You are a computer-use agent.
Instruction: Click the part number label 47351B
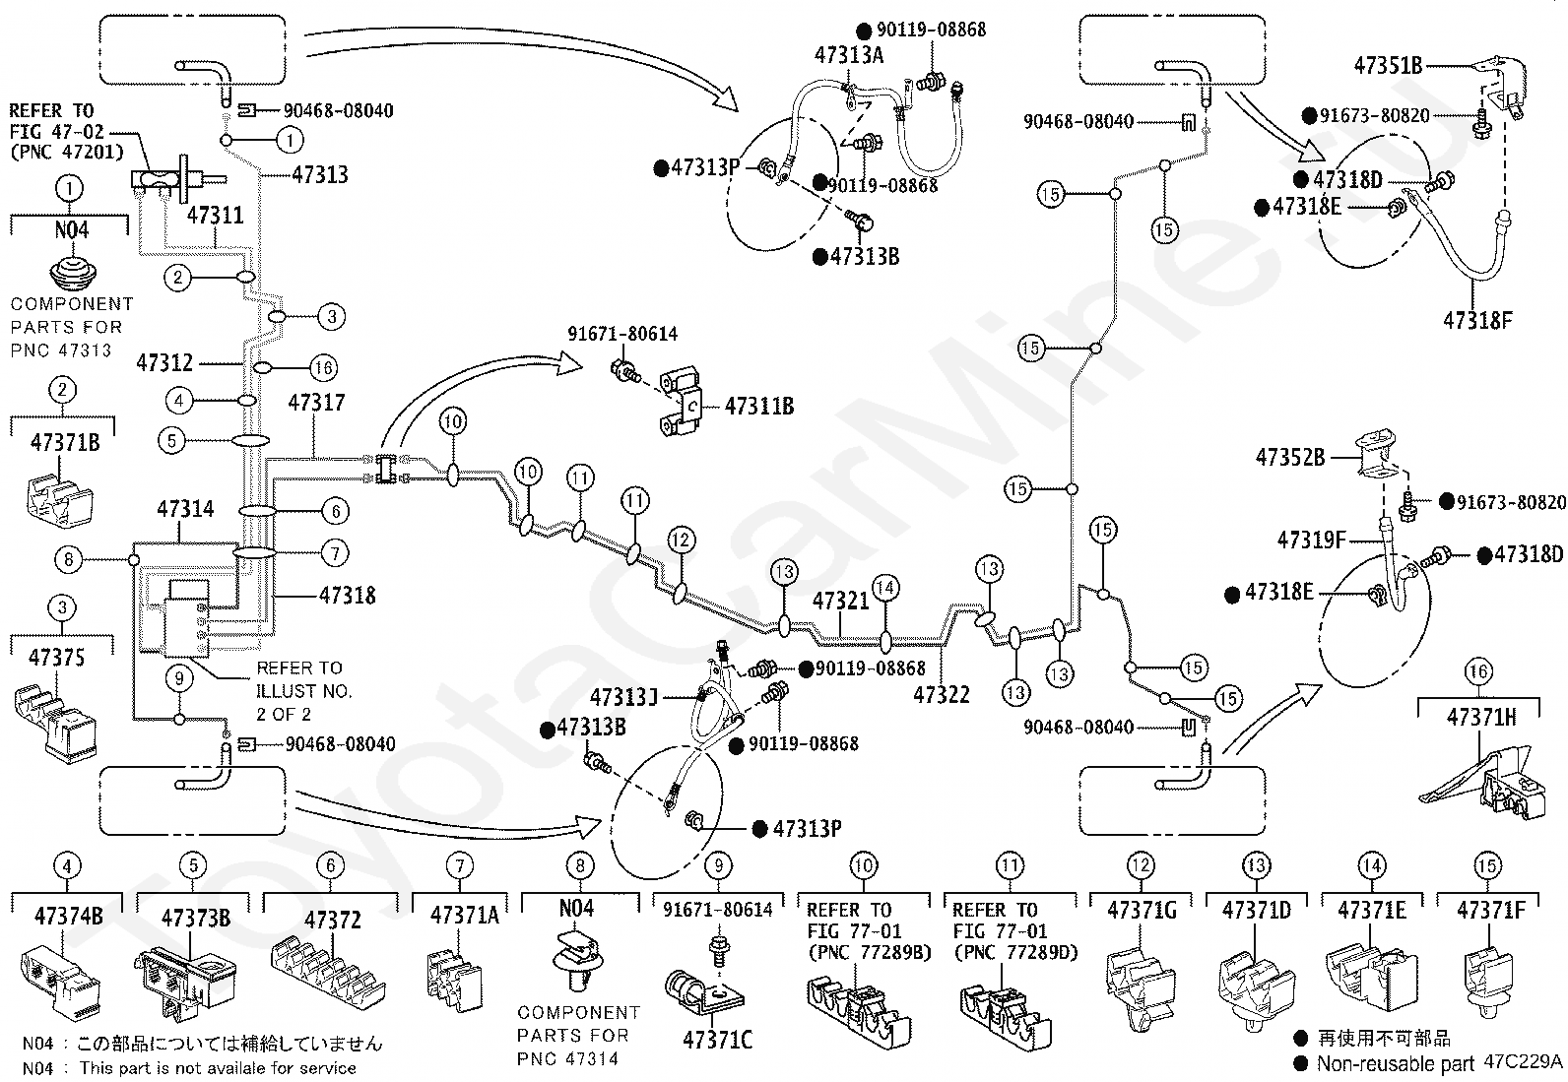pos(1388,66)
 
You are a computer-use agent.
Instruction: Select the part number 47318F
pos(1476,320)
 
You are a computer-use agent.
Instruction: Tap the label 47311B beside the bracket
pos(759,406)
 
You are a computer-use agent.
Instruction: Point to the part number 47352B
pos(1289,457)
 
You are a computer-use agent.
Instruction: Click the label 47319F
pos(1311,540)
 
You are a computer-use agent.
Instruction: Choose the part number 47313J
pos(623,698)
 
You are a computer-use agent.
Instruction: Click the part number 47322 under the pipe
pos(941,694)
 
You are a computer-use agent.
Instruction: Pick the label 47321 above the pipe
pos(840,601)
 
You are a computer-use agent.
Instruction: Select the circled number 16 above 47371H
pos(1478,672)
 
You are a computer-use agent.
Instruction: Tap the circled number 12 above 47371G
pos(1141,865)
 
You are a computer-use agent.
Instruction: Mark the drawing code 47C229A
pos(1525,1062)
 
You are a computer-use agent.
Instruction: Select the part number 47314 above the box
pos(185,509)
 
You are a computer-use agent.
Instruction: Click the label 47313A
pos(849,55)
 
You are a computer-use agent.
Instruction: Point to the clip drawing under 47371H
pos(1477,778)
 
